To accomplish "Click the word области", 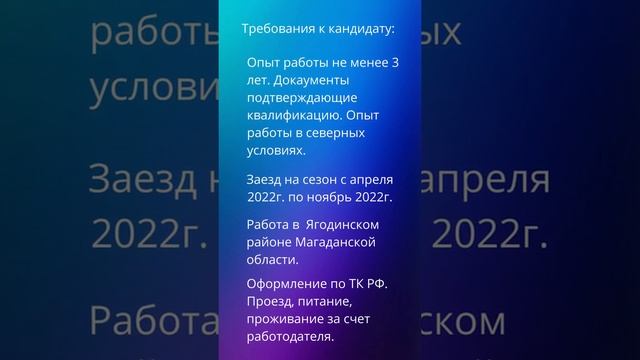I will (271, 260).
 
